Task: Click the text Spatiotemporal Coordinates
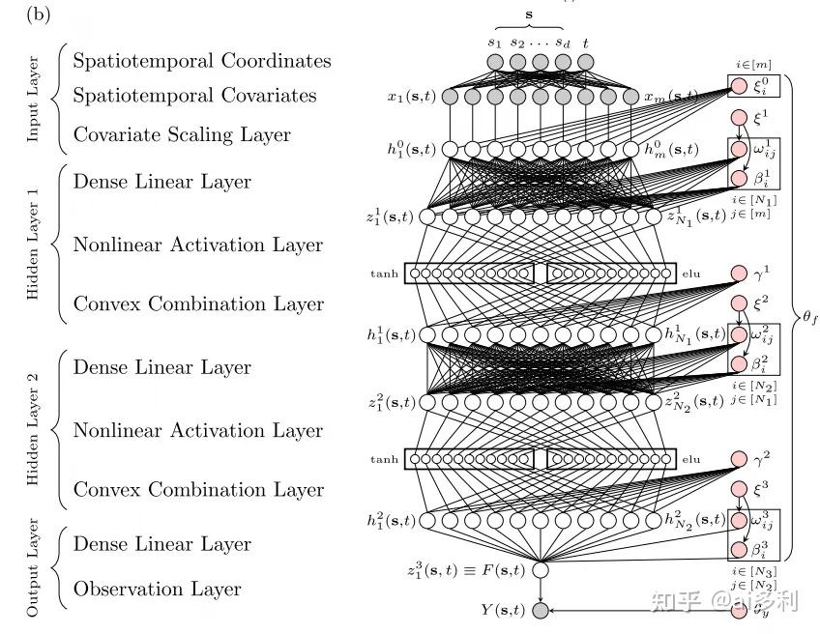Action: tap(202, 61)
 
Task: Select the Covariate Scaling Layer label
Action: tap(182, 134)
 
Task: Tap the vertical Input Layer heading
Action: tap(34, 98)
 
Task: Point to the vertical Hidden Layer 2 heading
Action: tap(34, 429)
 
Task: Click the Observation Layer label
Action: tap(158, 589)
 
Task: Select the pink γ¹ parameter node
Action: tap(740, 274)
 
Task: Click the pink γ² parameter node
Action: tap(740, 459)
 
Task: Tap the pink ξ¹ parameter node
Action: tap(740, 119)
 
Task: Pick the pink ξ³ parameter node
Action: tap(740, 490)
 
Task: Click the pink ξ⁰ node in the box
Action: tap(740, 86)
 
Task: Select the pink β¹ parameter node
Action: tap(740, 179)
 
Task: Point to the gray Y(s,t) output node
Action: tap(540, 610)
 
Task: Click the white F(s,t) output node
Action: tap(540, 569)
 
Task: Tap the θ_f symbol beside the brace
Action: tap(808, 318)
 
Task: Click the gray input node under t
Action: tap(586, 63)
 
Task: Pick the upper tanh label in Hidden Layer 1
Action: tap(384, 274)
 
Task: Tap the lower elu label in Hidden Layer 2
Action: tap(690, 459)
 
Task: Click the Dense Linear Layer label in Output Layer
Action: tap(162, 544)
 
